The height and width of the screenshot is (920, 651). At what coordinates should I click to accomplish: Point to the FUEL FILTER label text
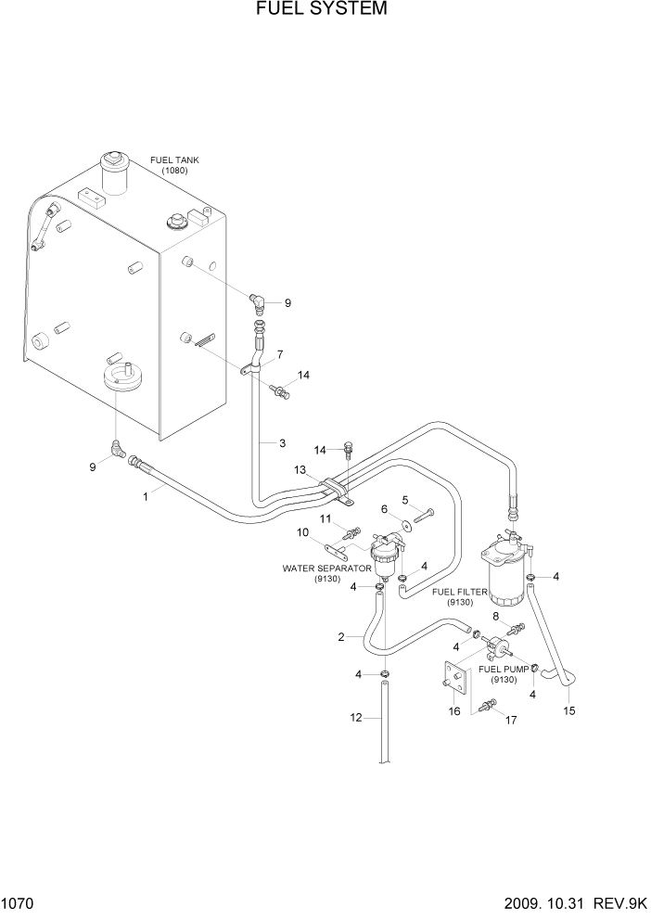point(460,591)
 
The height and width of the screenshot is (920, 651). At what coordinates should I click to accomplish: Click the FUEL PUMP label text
point(504,668)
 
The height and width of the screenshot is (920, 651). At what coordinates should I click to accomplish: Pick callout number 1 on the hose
point(145,497)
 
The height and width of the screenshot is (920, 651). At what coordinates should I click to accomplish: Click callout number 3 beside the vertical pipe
point(282,444)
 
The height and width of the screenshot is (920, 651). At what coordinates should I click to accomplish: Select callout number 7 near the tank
point(280,355)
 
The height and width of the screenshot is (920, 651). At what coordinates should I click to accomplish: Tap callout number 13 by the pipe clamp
point(299,470)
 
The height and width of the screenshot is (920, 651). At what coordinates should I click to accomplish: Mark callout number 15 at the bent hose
point(569,711)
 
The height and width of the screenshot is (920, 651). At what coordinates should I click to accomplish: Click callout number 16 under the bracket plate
point(454,711)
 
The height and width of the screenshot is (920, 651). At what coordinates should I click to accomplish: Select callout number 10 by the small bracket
point(302,532)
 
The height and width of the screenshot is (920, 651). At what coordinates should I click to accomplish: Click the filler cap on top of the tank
point(114,172)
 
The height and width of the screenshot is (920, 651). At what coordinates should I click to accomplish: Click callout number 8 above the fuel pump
point(495,615)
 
